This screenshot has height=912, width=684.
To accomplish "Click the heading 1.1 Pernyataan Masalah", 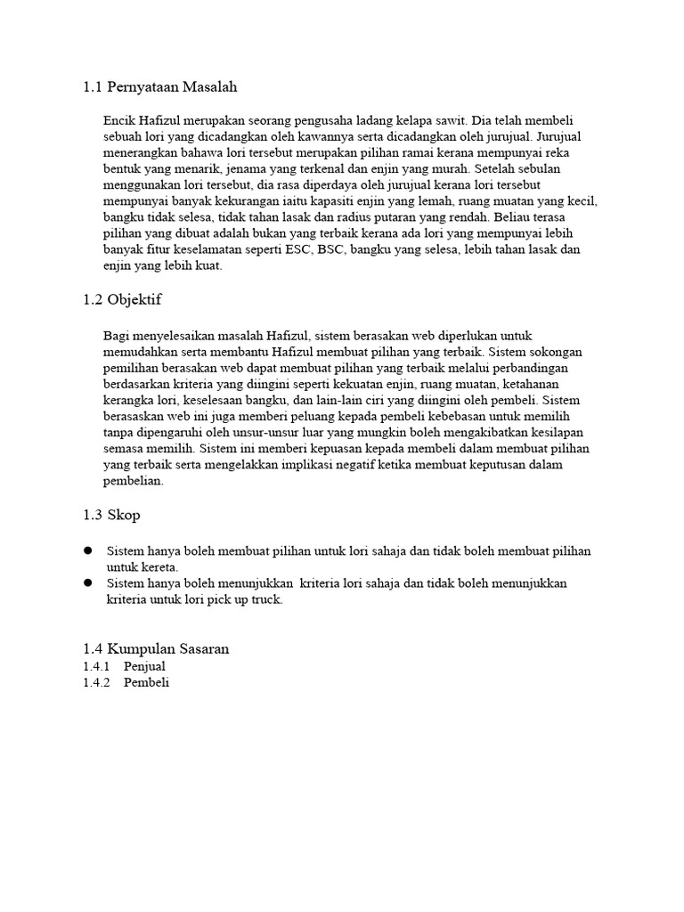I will [160, 87].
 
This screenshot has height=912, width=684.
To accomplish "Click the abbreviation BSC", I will [327, 250].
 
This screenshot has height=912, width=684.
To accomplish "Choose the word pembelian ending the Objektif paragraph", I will [134, 482].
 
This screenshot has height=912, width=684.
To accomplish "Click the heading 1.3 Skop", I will [111, 516].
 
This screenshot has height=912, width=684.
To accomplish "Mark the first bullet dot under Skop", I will [88, 551].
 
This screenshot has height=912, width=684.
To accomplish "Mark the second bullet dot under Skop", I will [88, 582].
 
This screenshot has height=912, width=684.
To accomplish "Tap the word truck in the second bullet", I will [265, 599].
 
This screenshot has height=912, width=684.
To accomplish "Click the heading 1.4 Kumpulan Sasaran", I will [156, 649].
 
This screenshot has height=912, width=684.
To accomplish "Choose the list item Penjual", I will [144, 666].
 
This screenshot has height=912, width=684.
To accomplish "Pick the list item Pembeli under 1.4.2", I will [146, 683].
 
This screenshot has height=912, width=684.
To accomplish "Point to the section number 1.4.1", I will [95, 666].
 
